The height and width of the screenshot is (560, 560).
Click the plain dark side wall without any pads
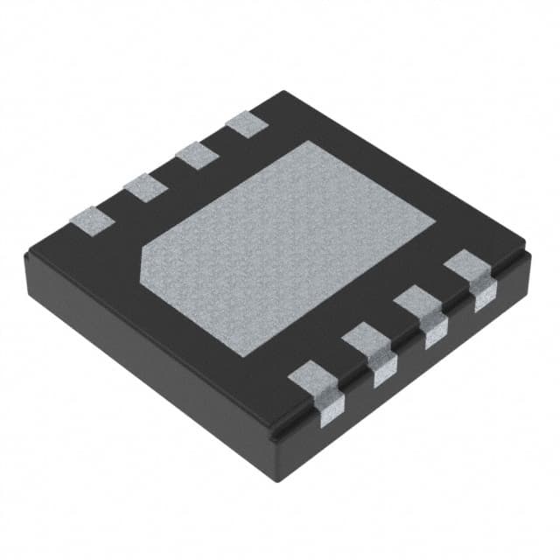click(149, 350)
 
